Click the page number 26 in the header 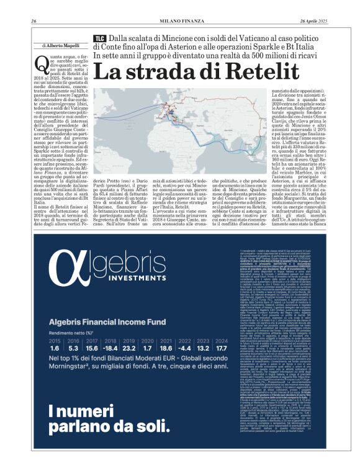(x=34, y=22)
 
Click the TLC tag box (x=99, y=38)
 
